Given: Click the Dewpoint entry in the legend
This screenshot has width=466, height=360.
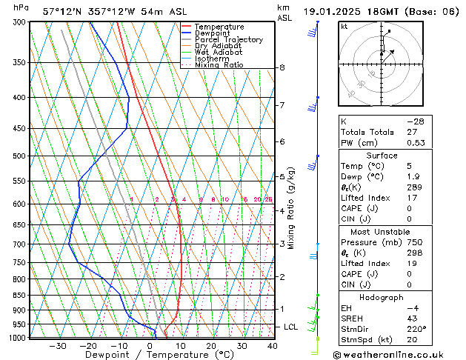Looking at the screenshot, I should (213, 33).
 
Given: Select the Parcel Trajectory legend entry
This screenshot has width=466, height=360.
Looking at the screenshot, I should (228, 40).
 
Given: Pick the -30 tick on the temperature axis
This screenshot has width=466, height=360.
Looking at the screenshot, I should (57, 346).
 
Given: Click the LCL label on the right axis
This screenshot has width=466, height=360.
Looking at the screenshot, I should (291, 327).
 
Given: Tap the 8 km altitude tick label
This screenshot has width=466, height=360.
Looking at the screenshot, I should (282, 67).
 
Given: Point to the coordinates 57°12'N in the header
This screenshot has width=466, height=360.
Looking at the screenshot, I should (62, 12).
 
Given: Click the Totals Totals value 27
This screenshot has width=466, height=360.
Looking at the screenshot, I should (413, 132).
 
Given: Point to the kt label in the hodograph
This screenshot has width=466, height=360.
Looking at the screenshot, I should (344, 26).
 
